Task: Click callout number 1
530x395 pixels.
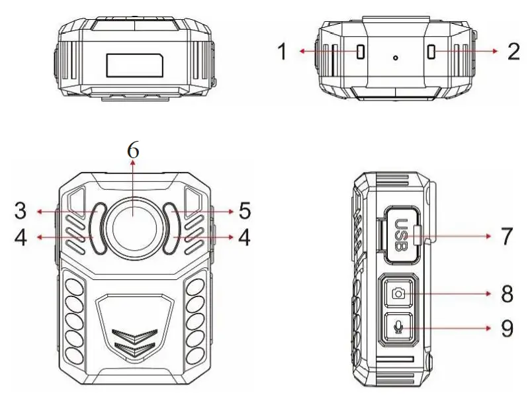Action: point(283,52)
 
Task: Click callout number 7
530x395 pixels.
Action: point(507,235)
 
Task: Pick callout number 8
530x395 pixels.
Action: point(507,294)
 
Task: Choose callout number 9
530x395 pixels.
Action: point(507,328)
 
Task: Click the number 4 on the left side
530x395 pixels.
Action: point(22,238)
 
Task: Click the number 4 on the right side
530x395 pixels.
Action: point(244,238)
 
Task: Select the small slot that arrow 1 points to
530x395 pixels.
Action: point(361,52)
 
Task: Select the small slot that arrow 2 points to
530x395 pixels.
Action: point(431,52)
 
